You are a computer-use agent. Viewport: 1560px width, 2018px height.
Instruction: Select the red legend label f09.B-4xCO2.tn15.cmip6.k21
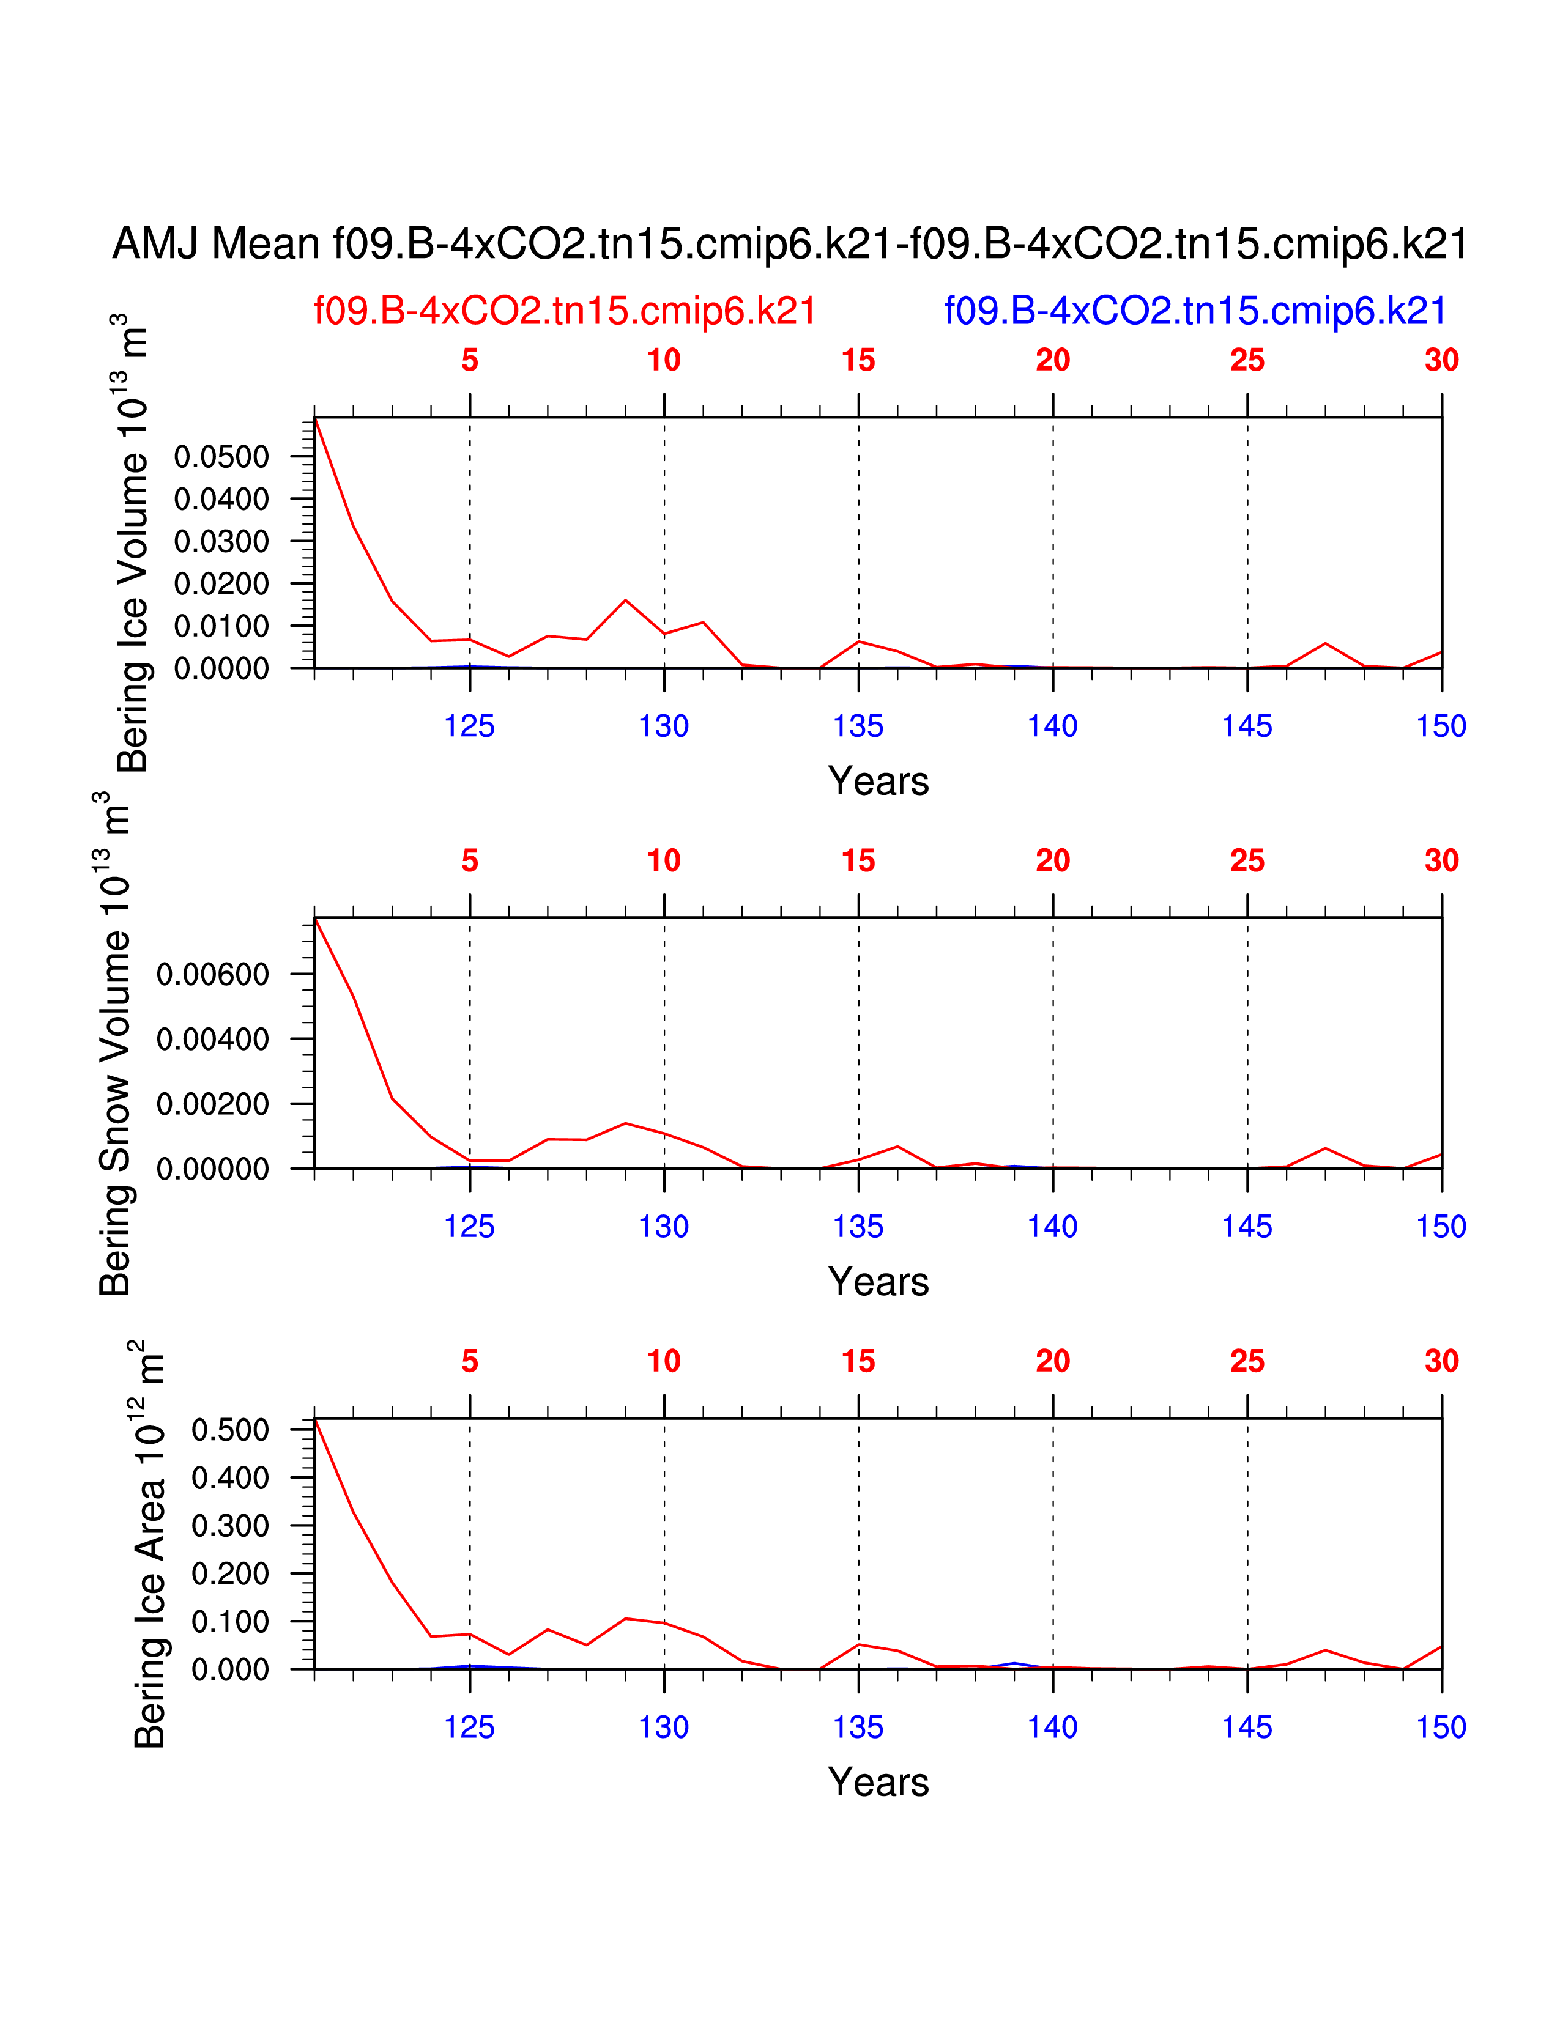[565, 311]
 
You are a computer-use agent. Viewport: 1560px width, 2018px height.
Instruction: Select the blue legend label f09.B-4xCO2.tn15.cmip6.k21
[1194, 311]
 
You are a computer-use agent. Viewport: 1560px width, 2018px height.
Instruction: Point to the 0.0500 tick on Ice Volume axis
[222, 456]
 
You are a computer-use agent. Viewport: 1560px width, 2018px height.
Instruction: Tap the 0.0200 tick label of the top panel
[222, 584]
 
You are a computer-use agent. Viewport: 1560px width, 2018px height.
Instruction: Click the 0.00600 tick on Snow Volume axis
[212, 974]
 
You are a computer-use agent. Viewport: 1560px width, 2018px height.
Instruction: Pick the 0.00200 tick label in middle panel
[212, 1104]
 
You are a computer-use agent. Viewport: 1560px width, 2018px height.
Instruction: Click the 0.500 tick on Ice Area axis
[230, 1430]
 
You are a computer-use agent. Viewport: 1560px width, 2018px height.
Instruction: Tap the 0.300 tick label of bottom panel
[230, 1526]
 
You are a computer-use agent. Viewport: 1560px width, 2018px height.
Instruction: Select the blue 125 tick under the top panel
[469, 726]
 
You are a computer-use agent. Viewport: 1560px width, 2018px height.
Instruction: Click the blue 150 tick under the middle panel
[1441, 1227]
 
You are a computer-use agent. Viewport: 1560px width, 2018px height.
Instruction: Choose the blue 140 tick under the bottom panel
[1053, 1728]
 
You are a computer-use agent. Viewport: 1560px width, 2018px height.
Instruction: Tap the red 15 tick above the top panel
[858, 360]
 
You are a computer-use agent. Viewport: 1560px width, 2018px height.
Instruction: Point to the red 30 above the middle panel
[1441, 861]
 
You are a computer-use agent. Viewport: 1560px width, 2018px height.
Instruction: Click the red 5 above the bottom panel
[469, 1361]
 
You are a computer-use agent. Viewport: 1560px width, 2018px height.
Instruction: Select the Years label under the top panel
[878, 782]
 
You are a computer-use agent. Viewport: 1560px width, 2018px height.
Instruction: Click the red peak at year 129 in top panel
[626, 601]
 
